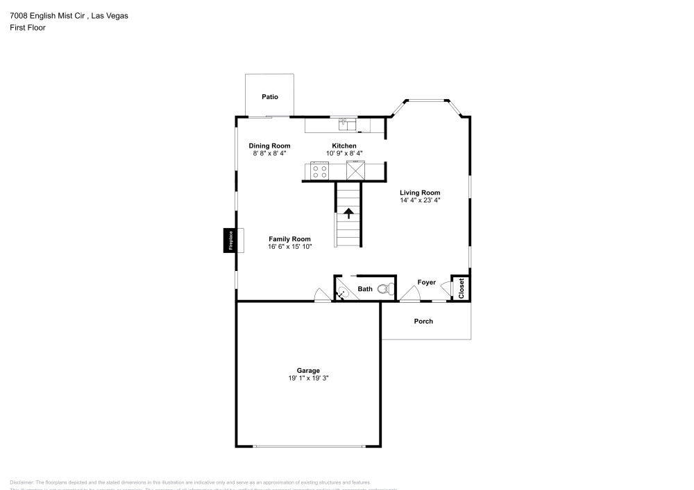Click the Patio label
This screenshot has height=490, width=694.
pyautogui.click(x=270, y=97)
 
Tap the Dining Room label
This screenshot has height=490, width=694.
pyautogui.click(x=269, y=146)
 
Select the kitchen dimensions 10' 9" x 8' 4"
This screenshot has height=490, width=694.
pyautogui.click(x=344, y=153)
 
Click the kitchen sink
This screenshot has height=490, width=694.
pyautogui.click(x=345, y=124)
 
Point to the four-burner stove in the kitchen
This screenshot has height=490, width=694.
pyautogui.click(x=320, y=170)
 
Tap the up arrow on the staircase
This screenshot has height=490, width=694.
pyautogui.click(x=348, y=213)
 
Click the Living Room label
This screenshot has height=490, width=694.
pyautogui.click(x=419, y=193)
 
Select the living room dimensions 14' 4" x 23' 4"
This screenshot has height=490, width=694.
pyautogui.click(x=419, y=200)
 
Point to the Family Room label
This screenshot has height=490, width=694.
pyautogui.click(x=289, y=238)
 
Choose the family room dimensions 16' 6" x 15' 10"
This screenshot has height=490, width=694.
pyautogui.click(x=289, y=247)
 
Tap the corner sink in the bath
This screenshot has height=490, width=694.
pyautogui.click(x=341, y=294)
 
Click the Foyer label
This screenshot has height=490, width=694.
pyautogui.click(x=426, y=282)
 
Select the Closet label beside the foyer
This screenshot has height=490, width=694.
pyautogui.click(x=460, y=288)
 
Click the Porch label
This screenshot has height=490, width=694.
pyautogui.click(x=423, y=321)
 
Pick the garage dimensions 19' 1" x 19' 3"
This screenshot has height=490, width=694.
pyautogui.click(x=309, y=378)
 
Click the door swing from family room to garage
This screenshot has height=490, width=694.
pyautogui.click(x=321, y=295)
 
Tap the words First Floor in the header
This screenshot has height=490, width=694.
pyautogui.click(x=28, y=28)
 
